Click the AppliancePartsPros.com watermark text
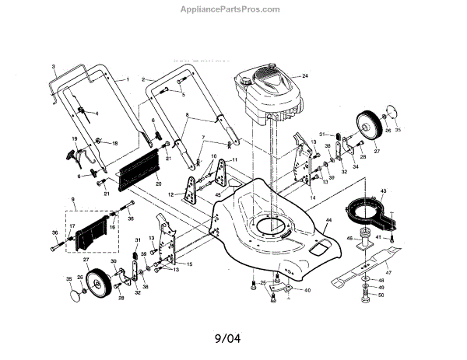click(233, 9)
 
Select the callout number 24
click(306, 75)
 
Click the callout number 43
click(383, 190)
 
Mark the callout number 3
click(54, 67)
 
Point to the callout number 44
click(328, 221)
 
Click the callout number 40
click(307, 290)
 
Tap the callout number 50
click(381, 295)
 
